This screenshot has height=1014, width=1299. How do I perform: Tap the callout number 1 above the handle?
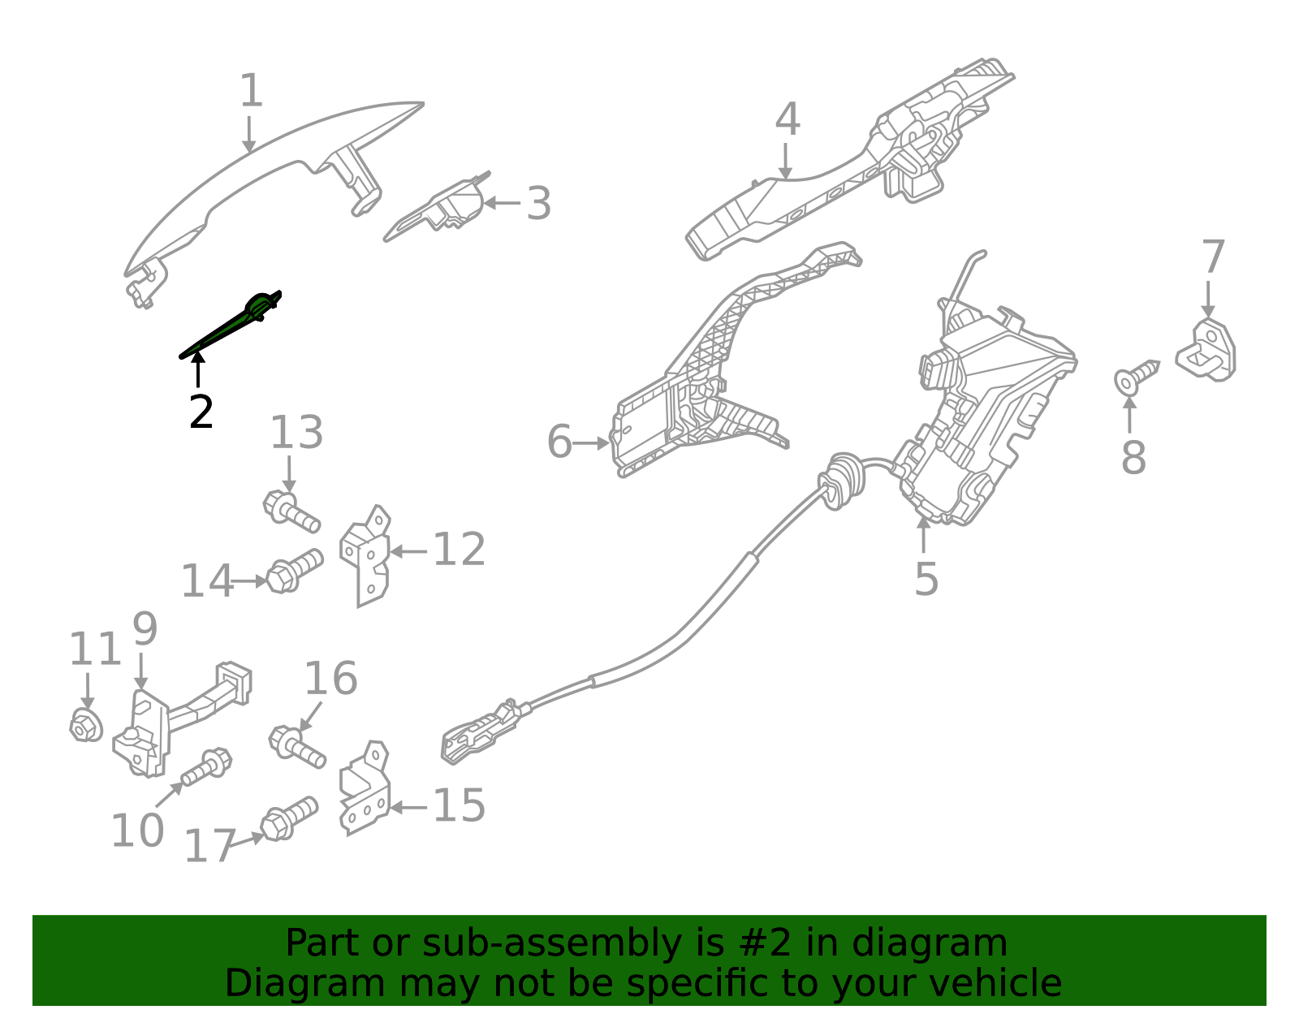pos(251,91)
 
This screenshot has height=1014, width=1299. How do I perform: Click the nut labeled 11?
pos(85,724)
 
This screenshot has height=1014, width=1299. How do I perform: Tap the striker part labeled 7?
pos(1207,351)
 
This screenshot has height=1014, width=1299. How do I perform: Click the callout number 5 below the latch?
pos(926,579)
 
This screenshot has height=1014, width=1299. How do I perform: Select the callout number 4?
pos(787,119)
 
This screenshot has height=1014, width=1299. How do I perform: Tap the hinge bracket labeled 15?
pos(365,789)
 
